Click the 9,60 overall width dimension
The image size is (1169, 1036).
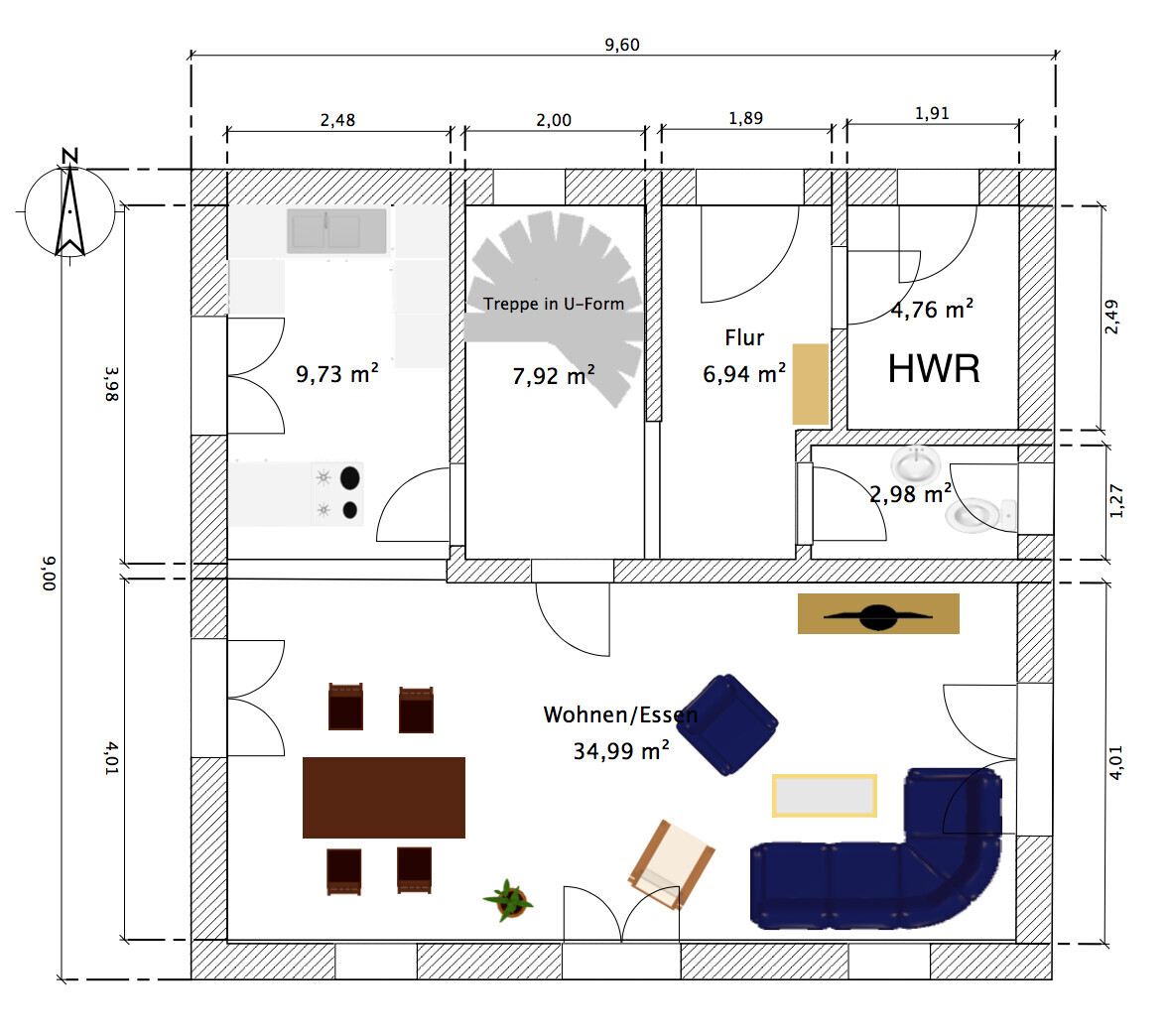(x=621, y=45)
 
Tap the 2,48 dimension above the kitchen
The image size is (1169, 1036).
(x=337, y=120)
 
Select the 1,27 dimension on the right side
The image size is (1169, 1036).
(x=1116, y=501)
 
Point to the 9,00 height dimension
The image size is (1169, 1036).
(x=50, y=573)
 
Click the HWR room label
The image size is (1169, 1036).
(x=934, y=369)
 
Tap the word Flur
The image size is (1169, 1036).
(x=744, y=337)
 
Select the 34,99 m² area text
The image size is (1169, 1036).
(x=620, y=751)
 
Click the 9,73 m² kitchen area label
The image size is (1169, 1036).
(x=337, y=374)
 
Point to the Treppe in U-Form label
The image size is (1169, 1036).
(x=554, y=304)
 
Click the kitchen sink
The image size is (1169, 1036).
(x=336, y=231)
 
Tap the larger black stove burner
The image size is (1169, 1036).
(x=349, y=478)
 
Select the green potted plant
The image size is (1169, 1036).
(x=509, y=900)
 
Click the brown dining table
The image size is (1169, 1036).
(x=384, y=797)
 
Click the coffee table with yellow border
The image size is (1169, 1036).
(x=825, y=795)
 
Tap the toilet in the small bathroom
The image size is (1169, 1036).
(x=977, y=513)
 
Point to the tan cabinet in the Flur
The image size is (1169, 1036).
(x=811, y=384)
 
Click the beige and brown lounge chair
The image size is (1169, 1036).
(x=672, y=863)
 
